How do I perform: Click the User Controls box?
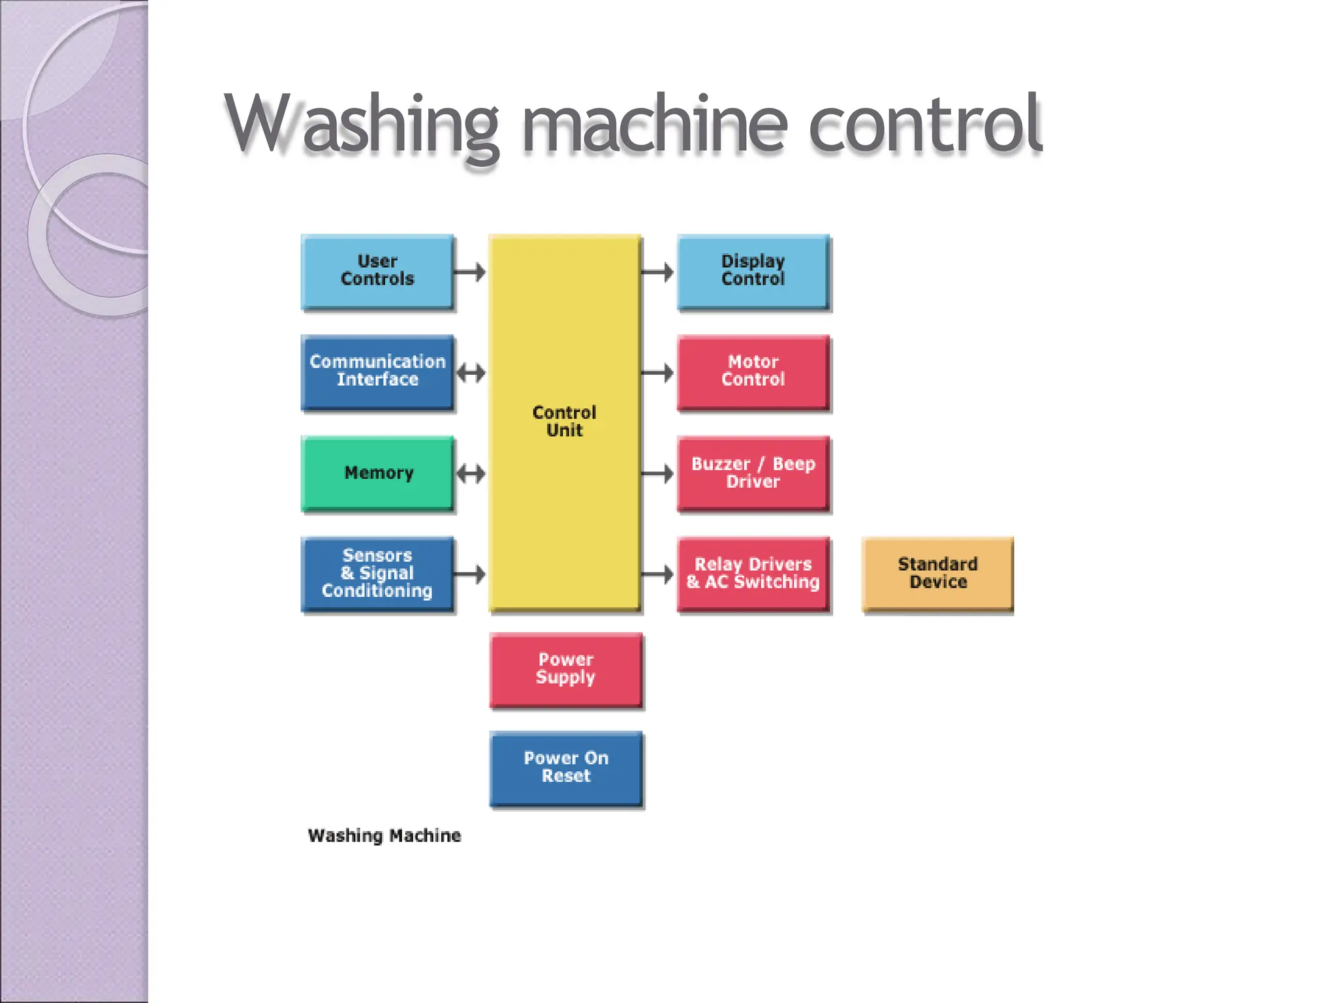point(377,271)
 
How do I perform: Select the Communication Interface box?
point(377,372)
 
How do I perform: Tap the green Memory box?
point(377,473)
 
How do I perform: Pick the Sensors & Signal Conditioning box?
point(377,573)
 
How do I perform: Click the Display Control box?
point(753,271)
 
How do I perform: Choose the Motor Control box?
point(753,372)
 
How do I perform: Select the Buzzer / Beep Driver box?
point(753,473)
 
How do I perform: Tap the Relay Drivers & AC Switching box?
point(753,573)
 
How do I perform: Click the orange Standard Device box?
point(937,573)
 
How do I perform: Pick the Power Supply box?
point(565,669)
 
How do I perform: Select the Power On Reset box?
point(565,769)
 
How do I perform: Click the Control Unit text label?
point(564,421)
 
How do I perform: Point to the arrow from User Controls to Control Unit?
point(470,272)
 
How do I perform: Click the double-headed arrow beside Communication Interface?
point(471,374)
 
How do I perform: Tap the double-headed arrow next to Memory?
point(471,473)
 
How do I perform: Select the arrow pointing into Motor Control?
point(657,373)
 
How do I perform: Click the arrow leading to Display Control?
point(657,272)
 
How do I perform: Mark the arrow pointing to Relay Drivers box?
point(657,574)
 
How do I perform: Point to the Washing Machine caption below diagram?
point(384,835)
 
